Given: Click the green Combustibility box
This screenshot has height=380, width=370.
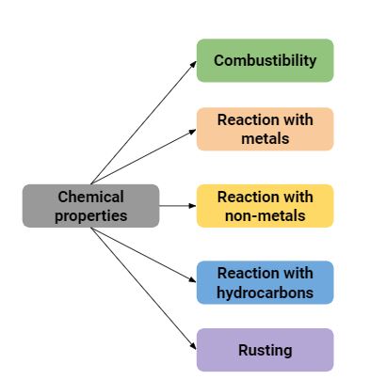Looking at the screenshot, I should point(265,60).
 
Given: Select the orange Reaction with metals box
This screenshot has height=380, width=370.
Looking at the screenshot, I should point(265,129).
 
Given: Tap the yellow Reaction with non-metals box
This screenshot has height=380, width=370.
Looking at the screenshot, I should point(265,205).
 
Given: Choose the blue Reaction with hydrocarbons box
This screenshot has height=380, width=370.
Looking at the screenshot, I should point(265,282).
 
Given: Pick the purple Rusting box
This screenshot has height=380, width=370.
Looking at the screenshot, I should point(265,350).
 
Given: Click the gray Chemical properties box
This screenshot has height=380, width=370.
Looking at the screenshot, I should point(90,205).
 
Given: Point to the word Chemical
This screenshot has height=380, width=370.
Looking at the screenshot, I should point(90,197).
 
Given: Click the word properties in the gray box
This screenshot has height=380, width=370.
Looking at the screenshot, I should point(90,215).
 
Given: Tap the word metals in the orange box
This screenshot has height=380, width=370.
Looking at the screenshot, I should point(265,138).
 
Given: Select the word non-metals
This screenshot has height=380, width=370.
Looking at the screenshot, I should point(265,215).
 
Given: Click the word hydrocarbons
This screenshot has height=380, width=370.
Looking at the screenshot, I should point(265,293).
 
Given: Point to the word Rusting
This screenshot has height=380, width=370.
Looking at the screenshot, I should point(265,350).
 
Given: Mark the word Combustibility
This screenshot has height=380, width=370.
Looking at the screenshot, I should point(265,60).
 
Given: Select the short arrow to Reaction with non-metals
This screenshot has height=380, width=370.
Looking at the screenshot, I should point(177,205).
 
